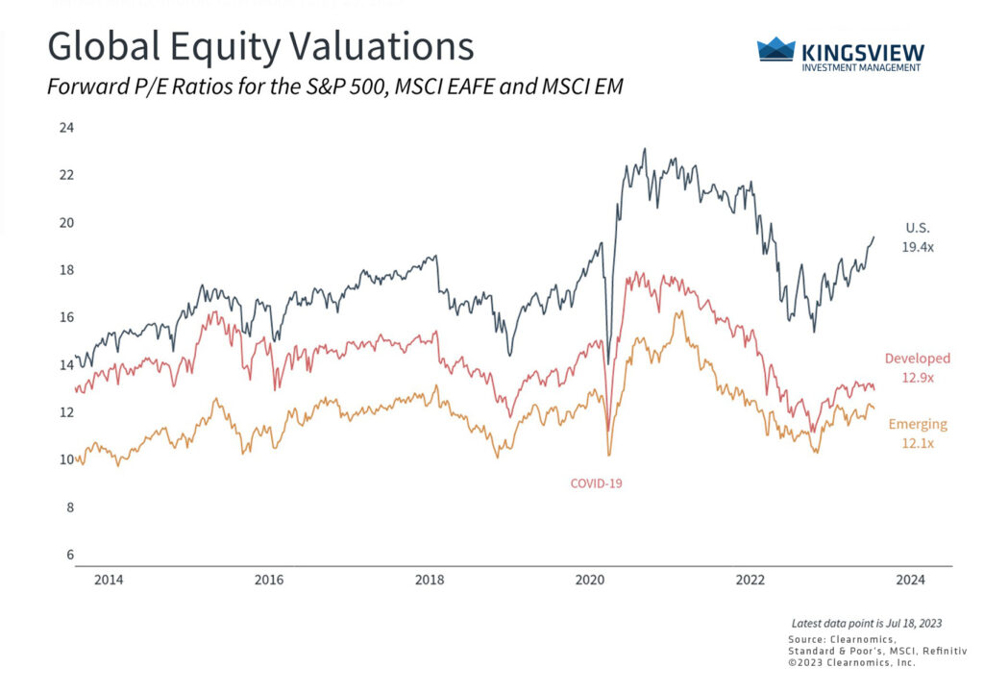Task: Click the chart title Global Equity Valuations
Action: (260, 46)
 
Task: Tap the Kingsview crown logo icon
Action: (776, 50)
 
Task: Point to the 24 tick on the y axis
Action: (67, 128)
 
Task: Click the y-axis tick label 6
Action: (70, 555)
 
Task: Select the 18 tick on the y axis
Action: (67, 270)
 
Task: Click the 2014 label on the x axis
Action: (109, 580)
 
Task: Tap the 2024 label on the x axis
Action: (911, 580)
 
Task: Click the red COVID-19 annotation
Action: (596, 483)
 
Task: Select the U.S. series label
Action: (918, 228)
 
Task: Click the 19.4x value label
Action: (919, 246)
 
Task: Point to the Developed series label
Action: (917, 359)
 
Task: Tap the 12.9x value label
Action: (917, 378)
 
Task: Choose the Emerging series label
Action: (917, 424)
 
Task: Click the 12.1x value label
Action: (917, 443)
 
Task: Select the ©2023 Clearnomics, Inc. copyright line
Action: (851, 662)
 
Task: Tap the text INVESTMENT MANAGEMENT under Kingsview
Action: (861, 67)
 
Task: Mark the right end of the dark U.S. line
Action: (873, 237)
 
